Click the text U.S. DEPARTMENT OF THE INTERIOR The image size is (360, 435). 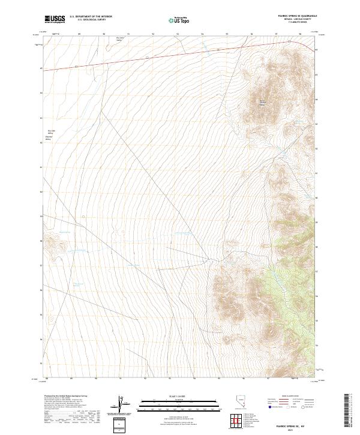(91, 17)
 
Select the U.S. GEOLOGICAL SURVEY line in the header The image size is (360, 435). (91, 20)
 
